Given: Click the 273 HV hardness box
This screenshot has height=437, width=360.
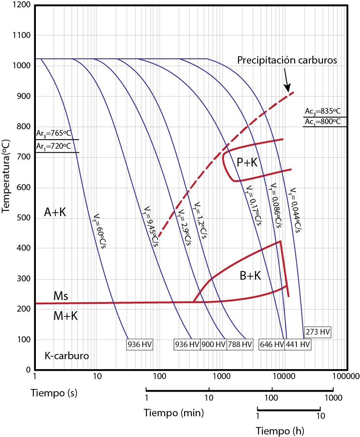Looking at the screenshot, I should tap(318, 332).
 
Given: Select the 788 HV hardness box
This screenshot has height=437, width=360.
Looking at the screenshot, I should tap(240, 344).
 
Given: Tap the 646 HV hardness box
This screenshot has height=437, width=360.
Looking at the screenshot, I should tap(272, 344).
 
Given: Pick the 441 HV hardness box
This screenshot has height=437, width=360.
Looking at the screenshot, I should tap(298, 344).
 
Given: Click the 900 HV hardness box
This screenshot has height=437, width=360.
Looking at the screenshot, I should tap(213, 344).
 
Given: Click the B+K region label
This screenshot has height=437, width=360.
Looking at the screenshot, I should tap(250, 276).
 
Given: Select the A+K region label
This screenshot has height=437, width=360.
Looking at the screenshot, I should tap(55, 212).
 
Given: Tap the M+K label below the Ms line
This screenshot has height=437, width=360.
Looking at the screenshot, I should tap(65, 316).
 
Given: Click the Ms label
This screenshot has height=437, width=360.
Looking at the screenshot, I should tap(61, 296).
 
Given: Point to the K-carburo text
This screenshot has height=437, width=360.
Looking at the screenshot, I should tap(67, 356).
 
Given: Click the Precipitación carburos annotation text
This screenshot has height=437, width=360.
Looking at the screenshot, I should tap(287, 60).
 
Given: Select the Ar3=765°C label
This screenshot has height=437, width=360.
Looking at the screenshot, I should tap(54, 133).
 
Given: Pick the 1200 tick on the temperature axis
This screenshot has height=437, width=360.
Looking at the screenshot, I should tap(22, 5).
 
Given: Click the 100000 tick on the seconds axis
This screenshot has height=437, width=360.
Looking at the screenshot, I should tap(345, 376).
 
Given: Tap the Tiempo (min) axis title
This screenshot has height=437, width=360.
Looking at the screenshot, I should tap(174, 413).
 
